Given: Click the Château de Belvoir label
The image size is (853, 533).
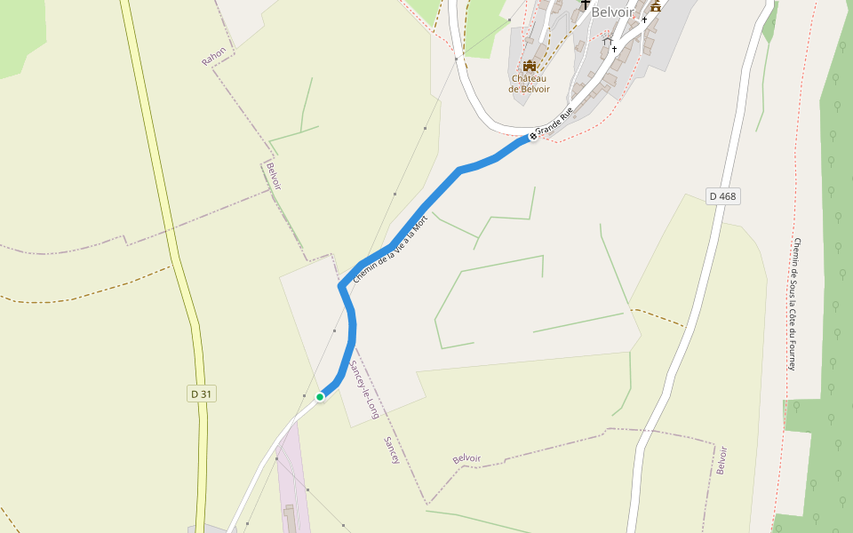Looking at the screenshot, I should click(x=529, y=84).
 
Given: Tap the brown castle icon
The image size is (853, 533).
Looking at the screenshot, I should click(x=530, y=66).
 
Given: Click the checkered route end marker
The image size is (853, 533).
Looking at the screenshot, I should click(x=533, y=136).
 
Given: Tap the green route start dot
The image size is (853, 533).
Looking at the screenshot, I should click(x=320, y=396).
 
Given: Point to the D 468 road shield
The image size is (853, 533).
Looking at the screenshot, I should click(x=723, y=196).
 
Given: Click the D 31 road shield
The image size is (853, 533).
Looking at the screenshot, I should click(x=203, y=394).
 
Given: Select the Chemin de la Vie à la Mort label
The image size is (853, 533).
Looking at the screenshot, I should click(x=390, y=250).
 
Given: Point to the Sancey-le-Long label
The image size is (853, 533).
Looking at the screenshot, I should click(x=364, y=390).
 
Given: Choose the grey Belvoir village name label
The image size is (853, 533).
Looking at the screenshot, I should click(x=613, y=12).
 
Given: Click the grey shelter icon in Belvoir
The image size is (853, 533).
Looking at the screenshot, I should click(x=607, y=41).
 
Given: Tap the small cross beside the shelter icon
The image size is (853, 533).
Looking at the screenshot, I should click(x=614, y=50).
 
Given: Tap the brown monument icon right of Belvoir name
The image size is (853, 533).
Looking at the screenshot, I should click(x=656, y=6).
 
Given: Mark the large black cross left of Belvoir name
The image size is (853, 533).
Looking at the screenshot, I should click(x=585, y=6).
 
